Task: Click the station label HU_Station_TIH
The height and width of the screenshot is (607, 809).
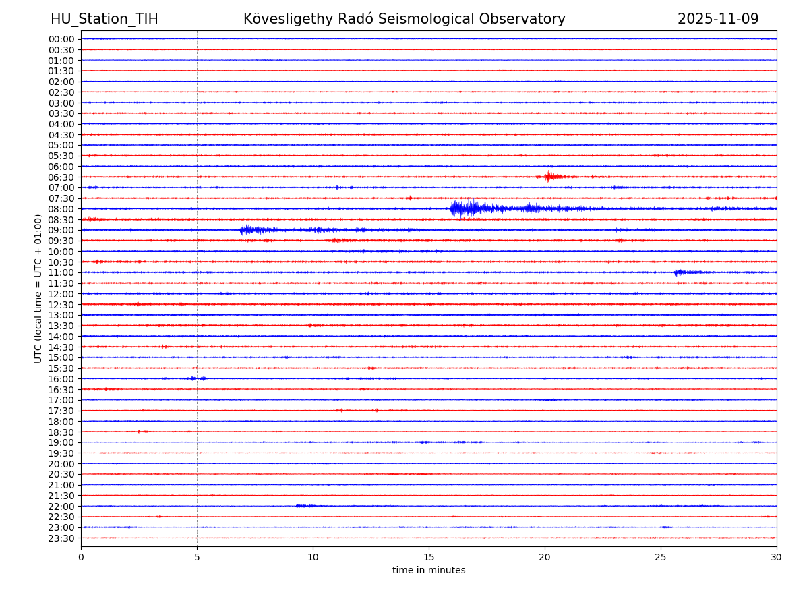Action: [104, 19]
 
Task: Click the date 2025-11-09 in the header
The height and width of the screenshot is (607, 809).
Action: [718, 19]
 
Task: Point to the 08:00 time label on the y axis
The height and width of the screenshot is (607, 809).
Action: [61, 209]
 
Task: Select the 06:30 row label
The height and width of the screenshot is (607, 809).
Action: [61, 177]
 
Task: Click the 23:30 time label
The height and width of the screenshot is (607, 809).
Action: [61, 538]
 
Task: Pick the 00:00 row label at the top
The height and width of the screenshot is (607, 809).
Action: [61, 39]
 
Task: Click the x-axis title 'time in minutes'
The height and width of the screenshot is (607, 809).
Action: [429, 571]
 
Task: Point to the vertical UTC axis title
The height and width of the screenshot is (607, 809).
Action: [38, 288]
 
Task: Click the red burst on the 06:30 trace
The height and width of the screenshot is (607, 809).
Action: [549, 177]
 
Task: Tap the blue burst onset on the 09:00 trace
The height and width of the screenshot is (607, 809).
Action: [243, 230]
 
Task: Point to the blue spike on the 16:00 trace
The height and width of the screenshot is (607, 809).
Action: [198, 378]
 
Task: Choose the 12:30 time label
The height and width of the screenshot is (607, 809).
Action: [61, 305]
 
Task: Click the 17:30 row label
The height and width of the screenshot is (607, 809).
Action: [61, 411]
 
